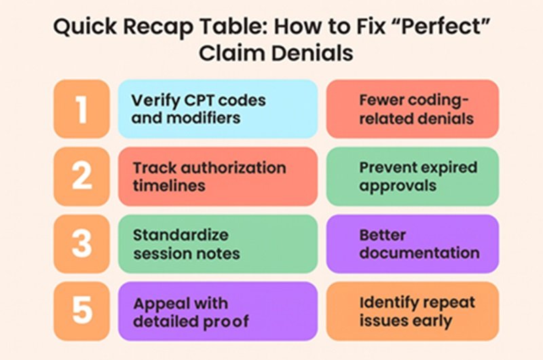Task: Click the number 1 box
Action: pyautogui.click(x=81, y=109)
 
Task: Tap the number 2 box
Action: pyautogui.click(x=81, y=177)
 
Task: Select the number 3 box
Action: pyautogui.click(x=81, y=244)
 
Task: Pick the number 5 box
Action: pyautogui.click(x=81, y=311)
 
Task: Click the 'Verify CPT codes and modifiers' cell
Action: pyautogui.click(x=218, y=109)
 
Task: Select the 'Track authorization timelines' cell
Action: pyautogui.click(x=218, y=177)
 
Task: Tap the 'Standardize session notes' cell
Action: pyautogui.click(x=218, y=244)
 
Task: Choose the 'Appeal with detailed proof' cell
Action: pyautogui.click(x=218, y=311)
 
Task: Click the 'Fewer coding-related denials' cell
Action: pyautogui.click(x=413, y=109)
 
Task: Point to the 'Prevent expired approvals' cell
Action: pyautogui.click(x=413, y=177)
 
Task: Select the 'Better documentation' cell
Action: pyautogui.click(x=413, y=244)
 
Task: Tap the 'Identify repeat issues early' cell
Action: pyautogui.click(x=413, y=311)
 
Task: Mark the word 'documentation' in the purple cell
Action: pyautogui.click(x=419, y=253)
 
